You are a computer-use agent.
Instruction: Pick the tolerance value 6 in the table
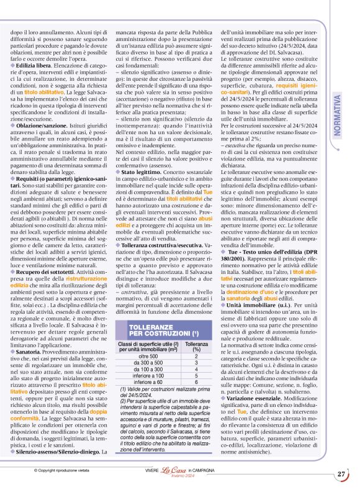pos(197,381)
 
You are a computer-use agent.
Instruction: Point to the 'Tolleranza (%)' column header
pos(197,346)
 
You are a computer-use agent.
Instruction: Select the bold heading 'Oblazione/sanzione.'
pos(42,124)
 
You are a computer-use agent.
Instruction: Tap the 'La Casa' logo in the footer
pos(181,474)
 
